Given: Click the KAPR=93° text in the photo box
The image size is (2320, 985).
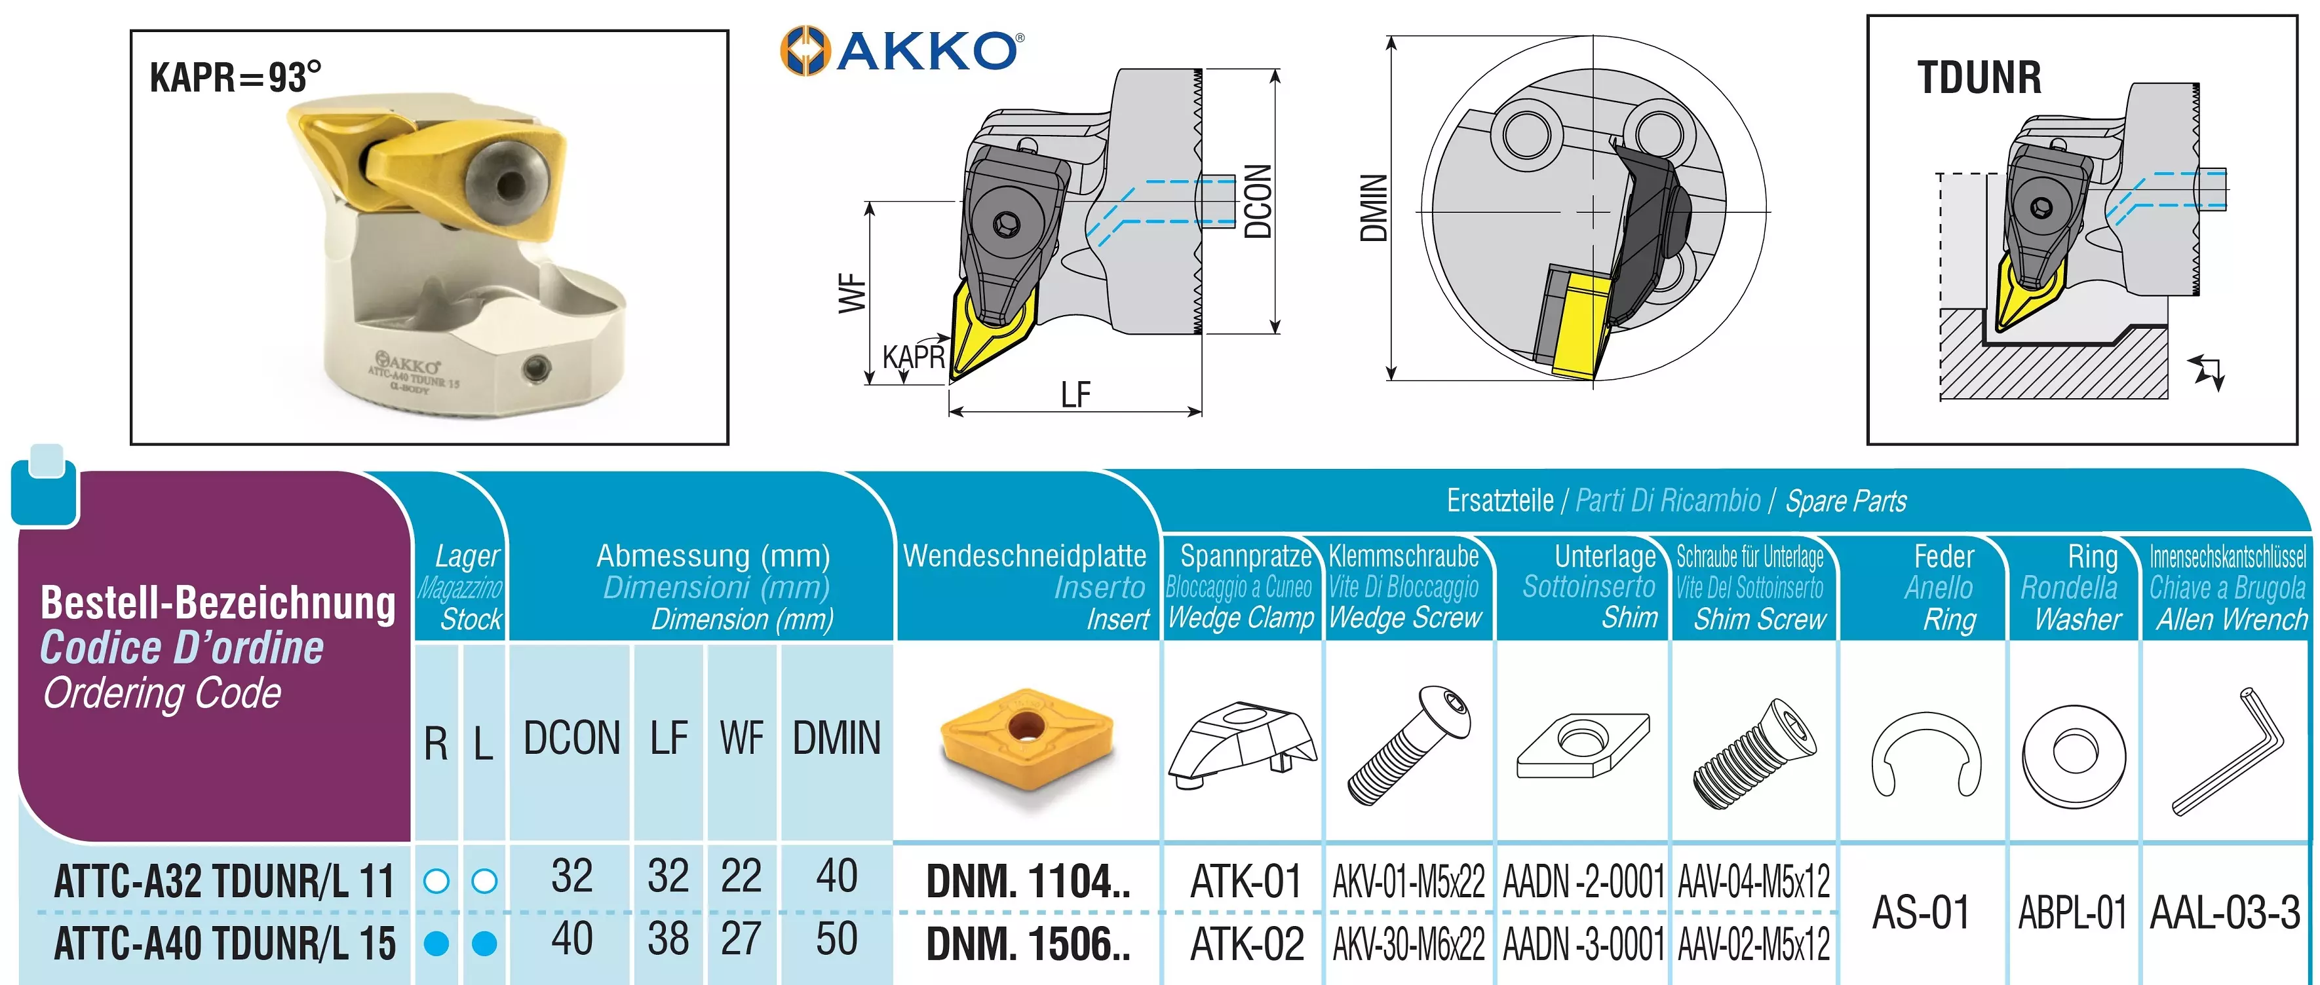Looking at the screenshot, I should pos(235,77).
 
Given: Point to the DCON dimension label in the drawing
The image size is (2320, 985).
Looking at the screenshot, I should pos(1257,202).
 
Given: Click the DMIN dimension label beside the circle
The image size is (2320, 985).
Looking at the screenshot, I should pos(1374,209).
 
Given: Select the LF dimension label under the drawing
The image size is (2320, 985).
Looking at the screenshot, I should pos(1075,394).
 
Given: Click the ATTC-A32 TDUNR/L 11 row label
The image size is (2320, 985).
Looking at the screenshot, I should pos(224,881).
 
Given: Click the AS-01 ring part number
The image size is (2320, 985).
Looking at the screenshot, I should pos(1921,912).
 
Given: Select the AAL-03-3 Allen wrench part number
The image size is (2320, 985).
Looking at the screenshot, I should pos(2224,912).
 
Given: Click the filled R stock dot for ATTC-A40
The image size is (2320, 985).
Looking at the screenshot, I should pos(436,944).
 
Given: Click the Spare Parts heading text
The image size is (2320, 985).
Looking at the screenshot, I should pos(1846,500).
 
